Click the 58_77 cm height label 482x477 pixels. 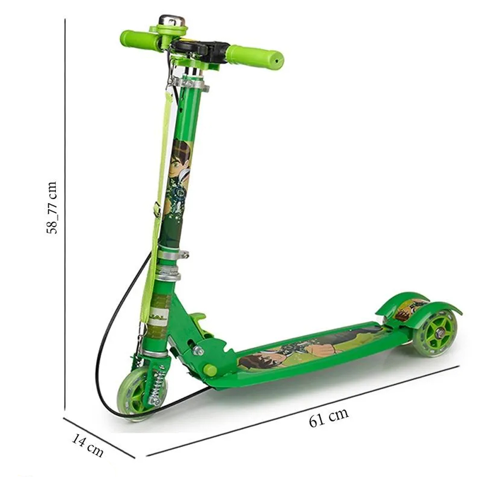52,208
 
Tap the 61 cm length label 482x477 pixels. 329,417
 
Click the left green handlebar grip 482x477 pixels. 140,40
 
